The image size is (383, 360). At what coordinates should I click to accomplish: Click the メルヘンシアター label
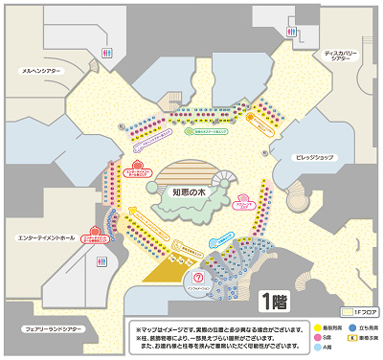[x=40, y=70]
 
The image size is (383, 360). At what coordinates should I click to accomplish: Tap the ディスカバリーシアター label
[x=341, y=57]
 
